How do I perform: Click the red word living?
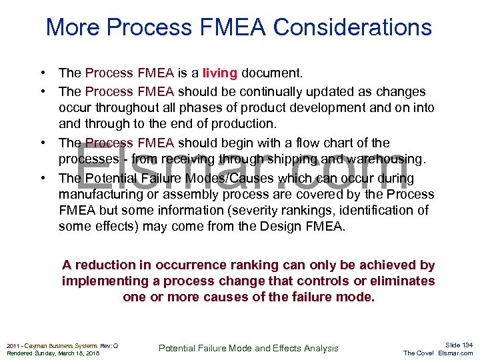220,72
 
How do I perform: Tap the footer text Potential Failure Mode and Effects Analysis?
248,348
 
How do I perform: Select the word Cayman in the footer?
39,345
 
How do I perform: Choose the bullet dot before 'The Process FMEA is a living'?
43,72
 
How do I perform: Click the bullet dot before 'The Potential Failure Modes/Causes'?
43,178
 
